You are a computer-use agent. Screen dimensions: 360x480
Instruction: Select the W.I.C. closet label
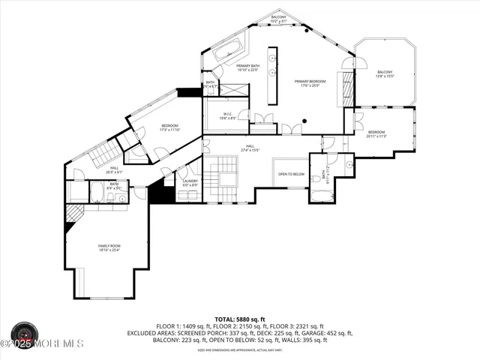coord(228,116)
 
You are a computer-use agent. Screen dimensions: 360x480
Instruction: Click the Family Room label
coord(109,248)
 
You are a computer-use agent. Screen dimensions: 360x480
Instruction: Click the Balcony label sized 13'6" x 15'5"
coord(384,74)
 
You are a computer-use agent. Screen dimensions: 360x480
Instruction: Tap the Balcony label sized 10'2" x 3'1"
coord(278,18)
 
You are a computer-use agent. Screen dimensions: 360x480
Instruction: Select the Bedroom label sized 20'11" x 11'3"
coord(376,133)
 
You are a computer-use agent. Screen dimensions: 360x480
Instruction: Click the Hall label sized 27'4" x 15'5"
coord(249,148)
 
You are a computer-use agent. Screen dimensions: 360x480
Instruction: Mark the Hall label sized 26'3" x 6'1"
coord(114,170)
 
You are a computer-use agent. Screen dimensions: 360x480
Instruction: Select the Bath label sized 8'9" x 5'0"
coord(114,185)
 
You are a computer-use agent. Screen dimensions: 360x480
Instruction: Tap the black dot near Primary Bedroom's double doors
coord(304,121)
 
